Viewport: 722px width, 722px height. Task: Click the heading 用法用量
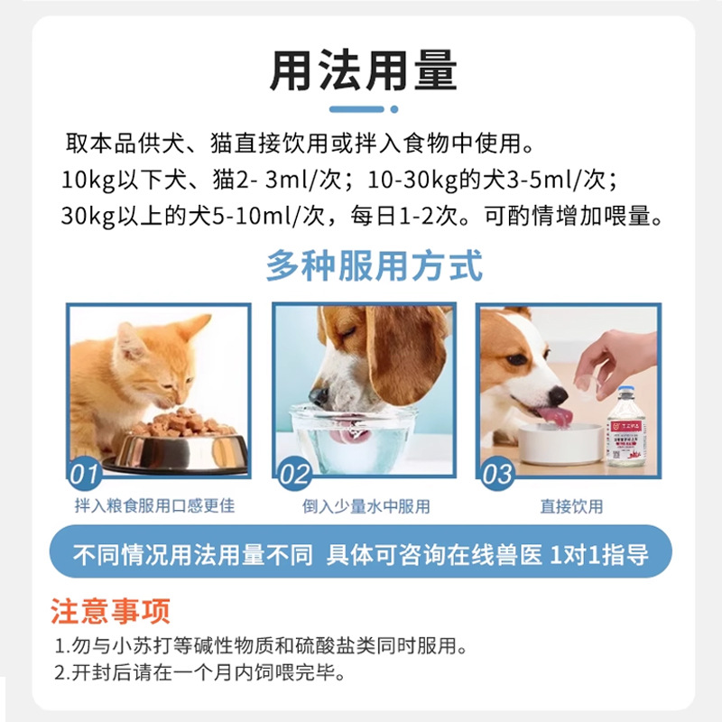tap(363, 69)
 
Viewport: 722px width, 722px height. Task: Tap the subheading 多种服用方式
tap(374, 267)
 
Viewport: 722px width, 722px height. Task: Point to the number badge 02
tap(294, 473)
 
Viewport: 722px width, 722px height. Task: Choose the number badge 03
tap(498, 473)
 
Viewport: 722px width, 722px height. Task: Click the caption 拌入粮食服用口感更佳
tap(154, 506)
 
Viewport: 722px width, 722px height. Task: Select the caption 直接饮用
tap(571, 506)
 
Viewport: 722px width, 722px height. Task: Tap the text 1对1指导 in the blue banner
tap(599, 554)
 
